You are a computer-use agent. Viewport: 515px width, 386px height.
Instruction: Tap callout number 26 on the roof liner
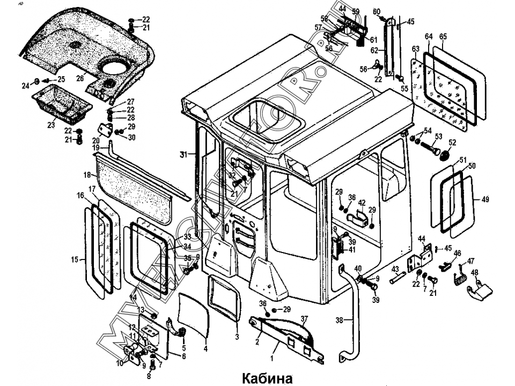point(80,79)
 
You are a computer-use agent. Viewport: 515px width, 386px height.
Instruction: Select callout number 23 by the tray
point(51,125)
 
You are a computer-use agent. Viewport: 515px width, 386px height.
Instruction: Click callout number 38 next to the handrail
point(339,321)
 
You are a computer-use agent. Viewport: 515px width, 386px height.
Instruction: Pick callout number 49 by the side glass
point(485,199)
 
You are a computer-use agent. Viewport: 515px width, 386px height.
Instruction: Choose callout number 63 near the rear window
point(415,49)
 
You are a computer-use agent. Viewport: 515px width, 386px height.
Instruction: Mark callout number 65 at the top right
point(443,36)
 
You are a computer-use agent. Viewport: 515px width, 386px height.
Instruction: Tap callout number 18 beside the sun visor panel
point(86,175)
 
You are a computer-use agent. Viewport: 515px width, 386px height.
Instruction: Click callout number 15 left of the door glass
point(75,260)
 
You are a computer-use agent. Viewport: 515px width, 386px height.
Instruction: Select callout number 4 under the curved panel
point(205,349)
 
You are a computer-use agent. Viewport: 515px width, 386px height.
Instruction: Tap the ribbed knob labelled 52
point(444,155)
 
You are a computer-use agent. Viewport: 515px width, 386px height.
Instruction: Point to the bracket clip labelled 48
point(479,290)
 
